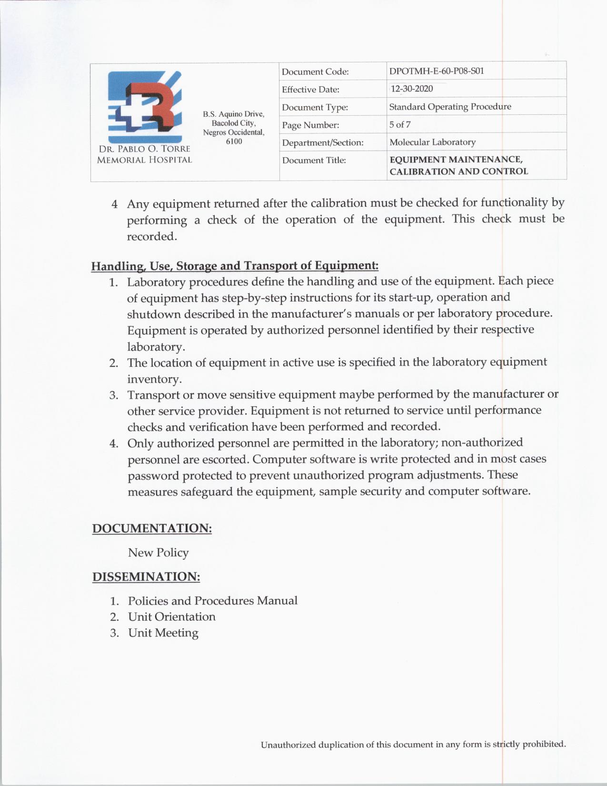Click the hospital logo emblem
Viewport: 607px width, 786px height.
click(x=144, y=107)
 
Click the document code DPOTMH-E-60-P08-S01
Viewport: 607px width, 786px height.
click(x=437, y=71)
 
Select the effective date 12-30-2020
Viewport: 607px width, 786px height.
click(x=412, y=89)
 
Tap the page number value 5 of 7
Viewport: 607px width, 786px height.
click(x=400, y=125)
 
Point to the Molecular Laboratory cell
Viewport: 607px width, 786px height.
click(x=432, y=142)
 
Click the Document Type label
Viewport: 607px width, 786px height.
click(x=315, y=108)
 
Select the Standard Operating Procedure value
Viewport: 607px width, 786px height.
click(x=450, y=107)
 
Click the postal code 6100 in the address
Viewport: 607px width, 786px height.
click(x=234, y=141)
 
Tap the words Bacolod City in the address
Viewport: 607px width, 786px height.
click(x=234, y=123)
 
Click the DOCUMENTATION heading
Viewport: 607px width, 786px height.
click(x=152, y=528)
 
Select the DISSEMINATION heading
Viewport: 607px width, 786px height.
click(x=146, y=577)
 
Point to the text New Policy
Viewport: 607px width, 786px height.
click(x=159, y=553)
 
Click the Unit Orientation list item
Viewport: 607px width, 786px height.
click(x=172, y=617)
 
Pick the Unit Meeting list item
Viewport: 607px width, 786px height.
click(x=163, y=633)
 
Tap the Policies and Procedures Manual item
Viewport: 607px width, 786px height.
click(x=213, y=601)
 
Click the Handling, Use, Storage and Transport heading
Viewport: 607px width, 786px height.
click(x=235, y=265)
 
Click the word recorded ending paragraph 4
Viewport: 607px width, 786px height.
click(x=151, y=237)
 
